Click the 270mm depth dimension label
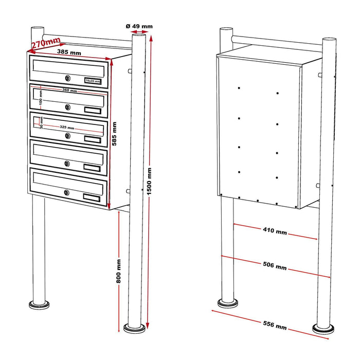click(46, 43)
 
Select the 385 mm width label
click(69, 53)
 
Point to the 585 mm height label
click(114, 134)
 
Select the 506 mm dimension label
click(274, 266)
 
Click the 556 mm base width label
click(274, 325)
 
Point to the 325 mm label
click(66, 128)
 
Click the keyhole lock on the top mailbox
click(67, 78)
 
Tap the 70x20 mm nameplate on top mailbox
click(93, 81)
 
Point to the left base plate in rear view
click(227, 303)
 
